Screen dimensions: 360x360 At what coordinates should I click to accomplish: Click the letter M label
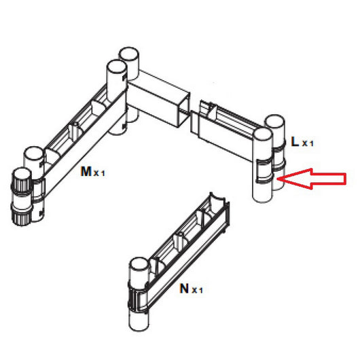coord(86,171)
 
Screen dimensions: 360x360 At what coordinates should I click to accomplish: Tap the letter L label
coord(295,141)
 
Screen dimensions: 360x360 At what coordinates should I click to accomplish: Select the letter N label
coord(184,289)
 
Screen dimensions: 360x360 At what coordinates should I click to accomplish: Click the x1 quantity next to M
coord(99,173)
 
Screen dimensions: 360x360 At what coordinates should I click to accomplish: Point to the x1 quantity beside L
coord(308,143)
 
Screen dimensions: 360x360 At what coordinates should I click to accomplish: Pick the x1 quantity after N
coord(197,290)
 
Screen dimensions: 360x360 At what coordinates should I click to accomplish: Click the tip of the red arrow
coord(278,179)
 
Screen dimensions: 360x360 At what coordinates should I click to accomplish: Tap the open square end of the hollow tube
coord(183,111)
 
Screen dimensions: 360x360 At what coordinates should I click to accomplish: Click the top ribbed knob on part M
coord(21,181)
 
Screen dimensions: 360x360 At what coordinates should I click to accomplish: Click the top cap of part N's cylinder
coord(139,264)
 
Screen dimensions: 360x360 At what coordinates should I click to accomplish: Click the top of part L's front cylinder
coord(262,134)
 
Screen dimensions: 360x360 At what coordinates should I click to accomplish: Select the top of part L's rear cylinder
coord(275,122)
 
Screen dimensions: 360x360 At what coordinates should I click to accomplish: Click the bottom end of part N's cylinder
coord(139,325)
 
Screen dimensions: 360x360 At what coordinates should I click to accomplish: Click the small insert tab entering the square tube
coord(194,122)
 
